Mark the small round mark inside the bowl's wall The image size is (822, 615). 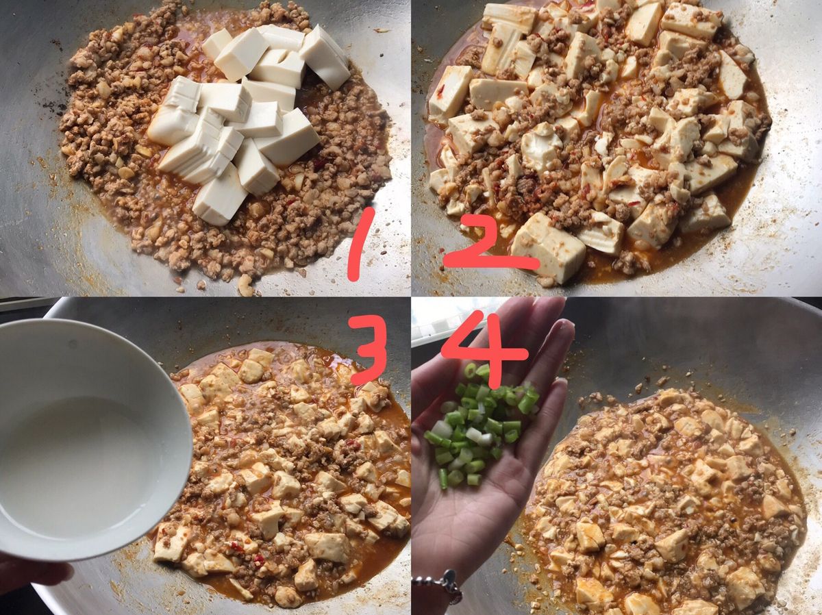coord(74,343)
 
